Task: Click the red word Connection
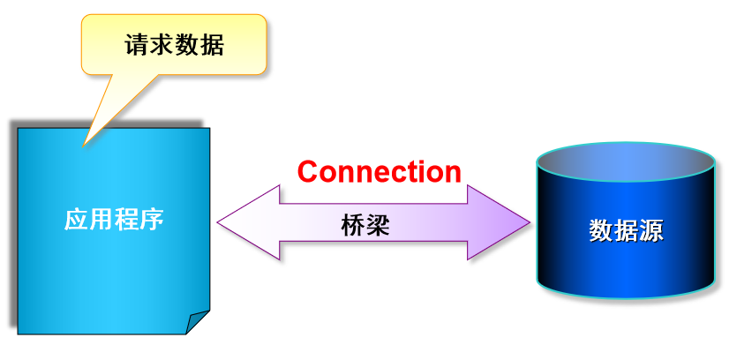click(379, 171)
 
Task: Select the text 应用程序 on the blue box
click(114, 219)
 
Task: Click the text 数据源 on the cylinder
click(626, 231)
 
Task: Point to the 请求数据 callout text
click(174, 45)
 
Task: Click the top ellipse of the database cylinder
click(626, 162)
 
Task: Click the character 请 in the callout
click(137, 45)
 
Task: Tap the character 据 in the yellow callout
click(212, 45)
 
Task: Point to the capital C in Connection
click(308, 171)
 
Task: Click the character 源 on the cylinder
click(650, 231)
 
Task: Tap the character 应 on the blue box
click(77, 219)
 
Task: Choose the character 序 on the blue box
click(152, 219)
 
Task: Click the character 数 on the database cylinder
click(601, 231)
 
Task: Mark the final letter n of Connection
click(452, 173)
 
